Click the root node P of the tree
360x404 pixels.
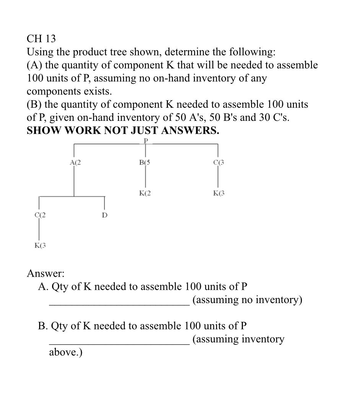pos(145,141)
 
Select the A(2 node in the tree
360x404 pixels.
pos(76,162)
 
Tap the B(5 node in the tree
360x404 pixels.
pos(145,162)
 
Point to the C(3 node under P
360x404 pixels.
pos(218,162)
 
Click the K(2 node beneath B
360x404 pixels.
pos(145,193)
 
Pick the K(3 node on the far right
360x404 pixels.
pos(218,193)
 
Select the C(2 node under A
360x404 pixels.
pos(40,215)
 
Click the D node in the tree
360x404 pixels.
pos(104,215)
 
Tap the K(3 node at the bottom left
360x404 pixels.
pos(40,245)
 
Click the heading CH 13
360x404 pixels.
pos(41,39)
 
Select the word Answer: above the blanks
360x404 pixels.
pos(46,274)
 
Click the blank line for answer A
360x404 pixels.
pos(119,305)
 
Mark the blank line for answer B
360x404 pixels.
pos(119,344)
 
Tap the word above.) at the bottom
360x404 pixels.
pos(66,352)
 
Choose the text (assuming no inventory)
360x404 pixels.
pos(247,300)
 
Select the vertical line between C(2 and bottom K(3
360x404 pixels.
pos(39,230)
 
